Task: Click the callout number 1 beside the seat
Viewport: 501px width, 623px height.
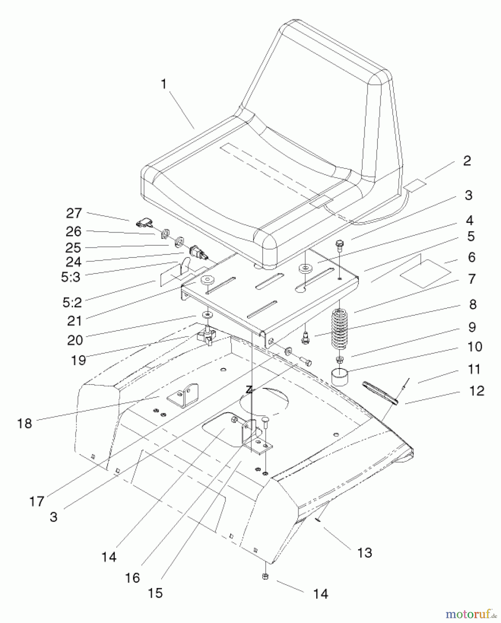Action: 164,84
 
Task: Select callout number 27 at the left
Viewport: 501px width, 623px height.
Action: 74,213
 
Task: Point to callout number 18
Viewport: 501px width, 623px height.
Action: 25,423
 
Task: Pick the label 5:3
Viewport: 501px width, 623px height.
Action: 71,277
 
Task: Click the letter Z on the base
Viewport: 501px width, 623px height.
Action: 249,390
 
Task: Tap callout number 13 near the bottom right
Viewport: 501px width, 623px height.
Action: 364,553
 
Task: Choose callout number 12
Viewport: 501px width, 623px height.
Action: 476,391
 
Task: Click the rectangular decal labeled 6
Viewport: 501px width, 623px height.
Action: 425,273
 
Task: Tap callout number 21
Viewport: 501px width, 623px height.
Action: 74,321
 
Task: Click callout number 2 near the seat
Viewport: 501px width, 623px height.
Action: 467,161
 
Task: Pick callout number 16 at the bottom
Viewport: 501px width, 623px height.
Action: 133,578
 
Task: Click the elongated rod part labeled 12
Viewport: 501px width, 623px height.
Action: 380,392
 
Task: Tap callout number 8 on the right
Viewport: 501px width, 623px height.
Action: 473,305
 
